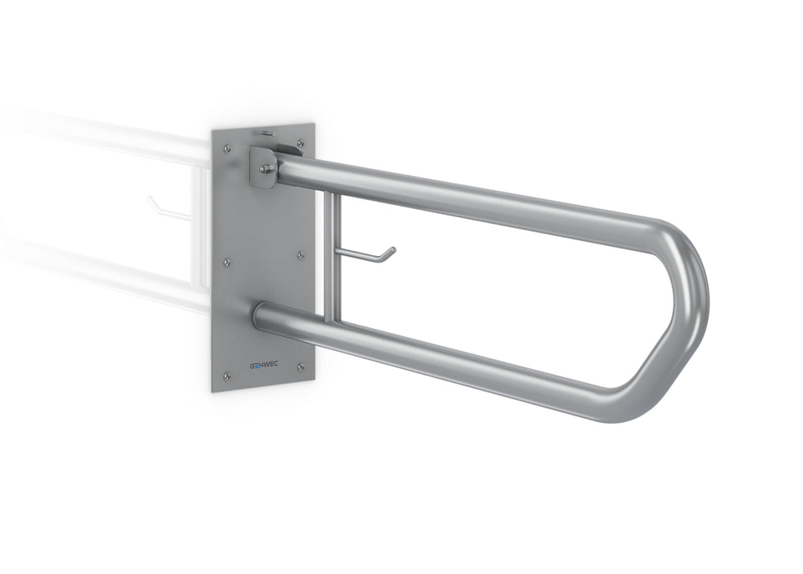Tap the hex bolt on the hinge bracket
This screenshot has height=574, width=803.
click(x=267, y=169)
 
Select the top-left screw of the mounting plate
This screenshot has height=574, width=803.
click(x=227, y=148)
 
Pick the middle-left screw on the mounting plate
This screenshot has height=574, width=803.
click(x=227, y=262)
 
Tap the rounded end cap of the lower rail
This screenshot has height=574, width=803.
click(x=258, y=315)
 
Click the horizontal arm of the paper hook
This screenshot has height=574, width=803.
click(x=361, y=257)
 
